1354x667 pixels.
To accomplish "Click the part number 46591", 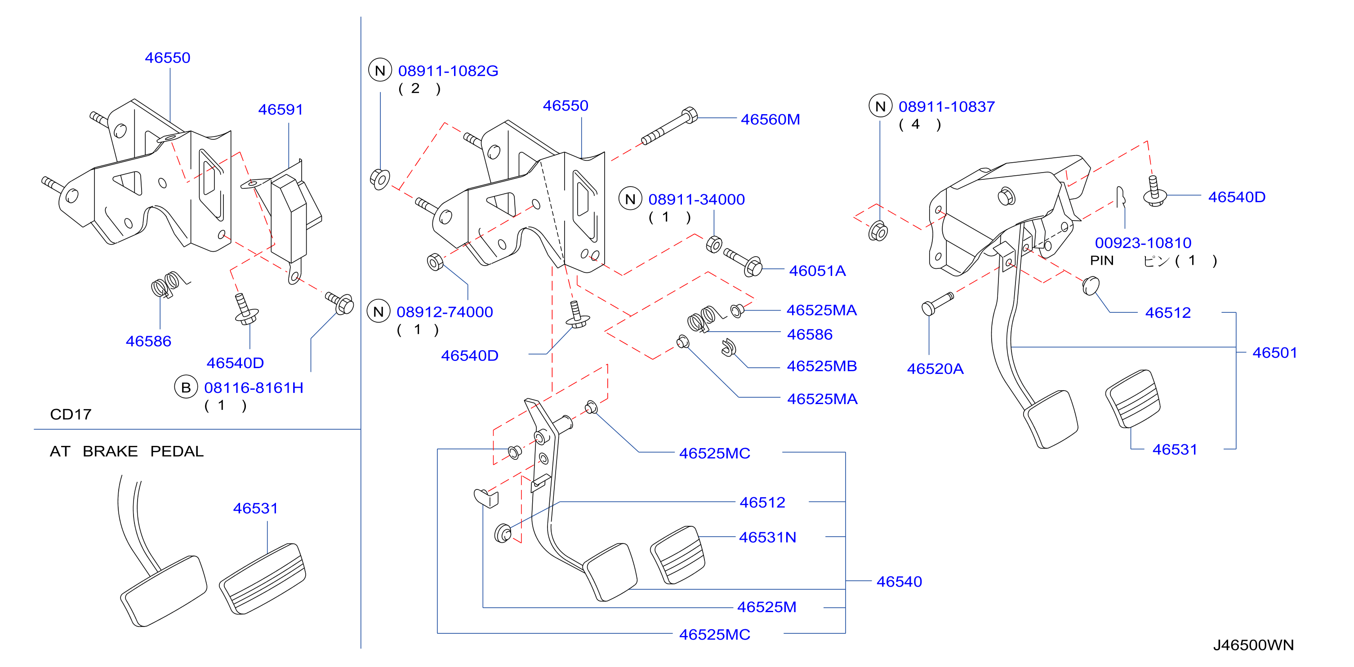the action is click(280, 109).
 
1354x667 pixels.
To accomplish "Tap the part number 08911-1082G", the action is click(448, 71).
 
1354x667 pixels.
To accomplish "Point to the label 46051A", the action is click(817, 271).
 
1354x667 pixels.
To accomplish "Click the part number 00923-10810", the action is click(1143, 243).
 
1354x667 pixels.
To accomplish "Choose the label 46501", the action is click(1274, 353).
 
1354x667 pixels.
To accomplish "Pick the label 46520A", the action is click(935, 369).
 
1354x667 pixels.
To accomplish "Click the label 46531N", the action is click(767, 537).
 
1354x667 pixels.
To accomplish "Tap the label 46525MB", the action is click(822, 366).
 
